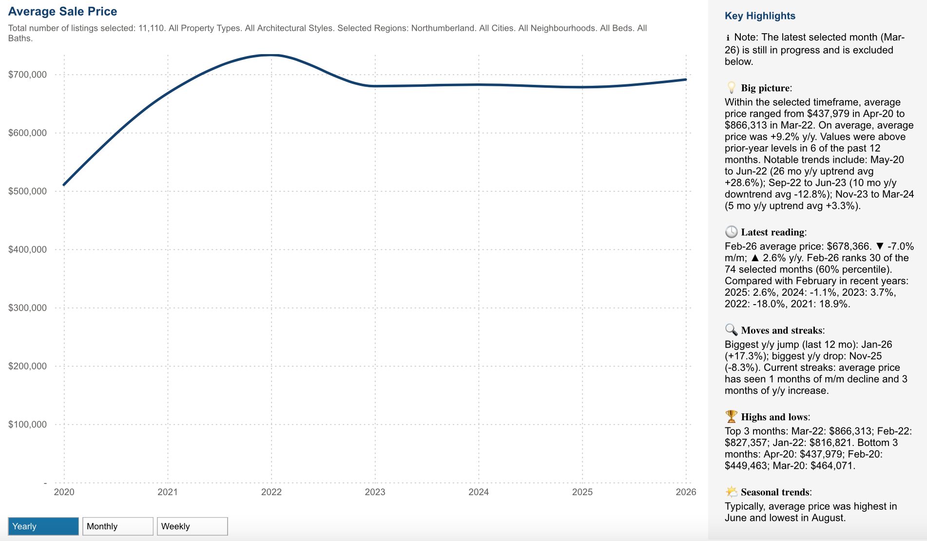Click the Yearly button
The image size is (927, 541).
pos(43,526)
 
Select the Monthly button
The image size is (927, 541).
pos(117,526)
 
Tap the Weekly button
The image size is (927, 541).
pos(192,526)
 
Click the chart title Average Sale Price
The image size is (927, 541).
pos(63,12)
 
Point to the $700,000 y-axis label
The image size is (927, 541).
pos(28,75)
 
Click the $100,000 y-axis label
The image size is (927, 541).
pos(28,425)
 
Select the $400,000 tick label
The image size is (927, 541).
pos(28,250)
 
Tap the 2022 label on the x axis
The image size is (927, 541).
pos(271,492)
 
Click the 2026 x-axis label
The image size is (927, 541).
pos(686,492)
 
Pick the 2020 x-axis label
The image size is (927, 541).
pos(64,492)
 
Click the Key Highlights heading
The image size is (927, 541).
pos(760,16)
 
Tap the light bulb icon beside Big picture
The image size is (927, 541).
pos(731,88)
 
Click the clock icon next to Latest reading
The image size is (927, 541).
pos(731,232)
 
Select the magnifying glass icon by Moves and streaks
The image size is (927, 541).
pos(731,330)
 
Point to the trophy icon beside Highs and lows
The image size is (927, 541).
pos(731,417)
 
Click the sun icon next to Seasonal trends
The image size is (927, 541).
pos(731,492)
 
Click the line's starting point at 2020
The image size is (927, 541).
pos(64,185)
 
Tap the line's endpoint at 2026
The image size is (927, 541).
pos(686,79)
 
